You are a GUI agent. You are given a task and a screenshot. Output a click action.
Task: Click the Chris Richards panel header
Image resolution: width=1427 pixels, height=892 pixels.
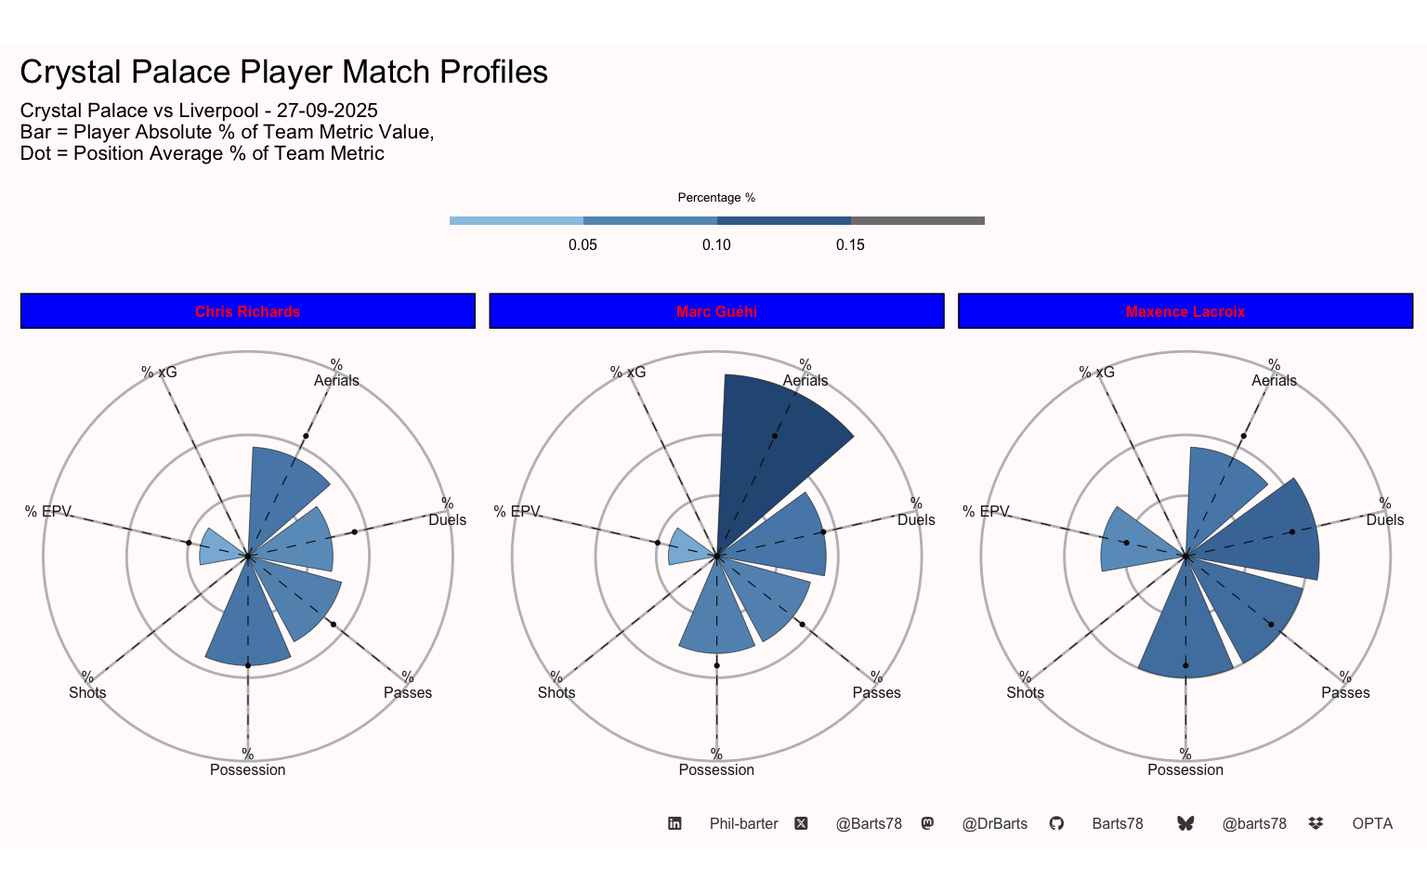coord(247,311)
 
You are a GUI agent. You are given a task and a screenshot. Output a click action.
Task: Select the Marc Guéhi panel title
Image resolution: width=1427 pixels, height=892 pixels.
coord(716,311)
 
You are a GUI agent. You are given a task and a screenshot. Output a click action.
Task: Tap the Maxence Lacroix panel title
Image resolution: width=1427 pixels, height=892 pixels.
coord(1185,311)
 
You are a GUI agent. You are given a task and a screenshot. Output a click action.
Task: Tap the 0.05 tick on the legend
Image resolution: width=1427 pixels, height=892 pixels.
coord(583,245)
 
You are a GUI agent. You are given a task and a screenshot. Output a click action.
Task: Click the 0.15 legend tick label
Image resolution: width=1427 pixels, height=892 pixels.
coord(850,245)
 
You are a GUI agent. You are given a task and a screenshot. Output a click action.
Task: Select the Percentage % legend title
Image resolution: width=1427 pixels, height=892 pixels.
coord(716,198)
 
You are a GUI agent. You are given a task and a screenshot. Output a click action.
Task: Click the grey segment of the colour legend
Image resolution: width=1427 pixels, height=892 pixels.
coord(917,220)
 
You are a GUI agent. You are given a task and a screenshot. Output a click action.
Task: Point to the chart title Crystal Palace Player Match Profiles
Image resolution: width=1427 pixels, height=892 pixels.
coord(284,72)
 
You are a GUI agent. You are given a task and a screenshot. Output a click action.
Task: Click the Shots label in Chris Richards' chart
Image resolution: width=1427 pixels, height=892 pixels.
coord(87,692)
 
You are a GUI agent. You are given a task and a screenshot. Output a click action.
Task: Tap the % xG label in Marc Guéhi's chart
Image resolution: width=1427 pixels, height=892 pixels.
coord(628,372)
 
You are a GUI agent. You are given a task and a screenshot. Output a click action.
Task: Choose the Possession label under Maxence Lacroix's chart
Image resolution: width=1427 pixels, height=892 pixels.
coord(1185,769)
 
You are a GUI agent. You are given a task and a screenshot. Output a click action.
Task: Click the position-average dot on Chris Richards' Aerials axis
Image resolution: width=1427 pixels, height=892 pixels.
coord(306,436)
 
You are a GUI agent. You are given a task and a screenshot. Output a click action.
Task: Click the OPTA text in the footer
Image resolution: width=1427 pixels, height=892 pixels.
coord(1372,823)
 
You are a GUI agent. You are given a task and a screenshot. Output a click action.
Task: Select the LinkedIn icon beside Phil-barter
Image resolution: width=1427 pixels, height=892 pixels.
coord(675,823)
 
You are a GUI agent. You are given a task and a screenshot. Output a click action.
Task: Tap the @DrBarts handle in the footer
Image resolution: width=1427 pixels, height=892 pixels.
coord(994,823)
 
